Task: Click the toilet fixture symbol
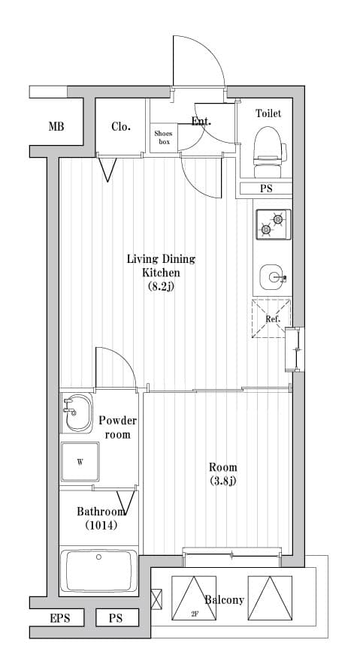[269, 152]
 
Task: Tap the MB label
[56, 126]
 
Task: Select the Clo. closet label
[121, 126]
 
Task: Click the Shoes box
[164, 137]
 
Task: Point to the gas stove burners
[273, 224]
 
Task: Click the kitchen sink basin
[272, 277]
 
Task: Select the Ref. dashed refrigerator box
[271, 318]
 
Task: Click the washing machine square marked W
[80, 462]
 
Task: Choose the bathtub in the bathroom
[98, 571]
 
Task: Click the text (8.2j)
[161, 287]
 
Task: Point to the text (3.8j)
[222, 481]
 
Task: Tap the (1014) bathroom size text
[101, 525]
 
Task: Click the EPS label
[60, 618]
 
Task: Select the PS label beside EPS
[115, 618]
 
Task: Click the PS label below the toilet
[266, 189]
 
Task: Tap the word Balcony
[224, 600]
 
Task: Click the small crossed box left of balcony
[156, 598]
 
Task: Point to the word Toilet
[268, 113]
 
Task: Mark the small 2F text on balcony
[195, 614]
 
